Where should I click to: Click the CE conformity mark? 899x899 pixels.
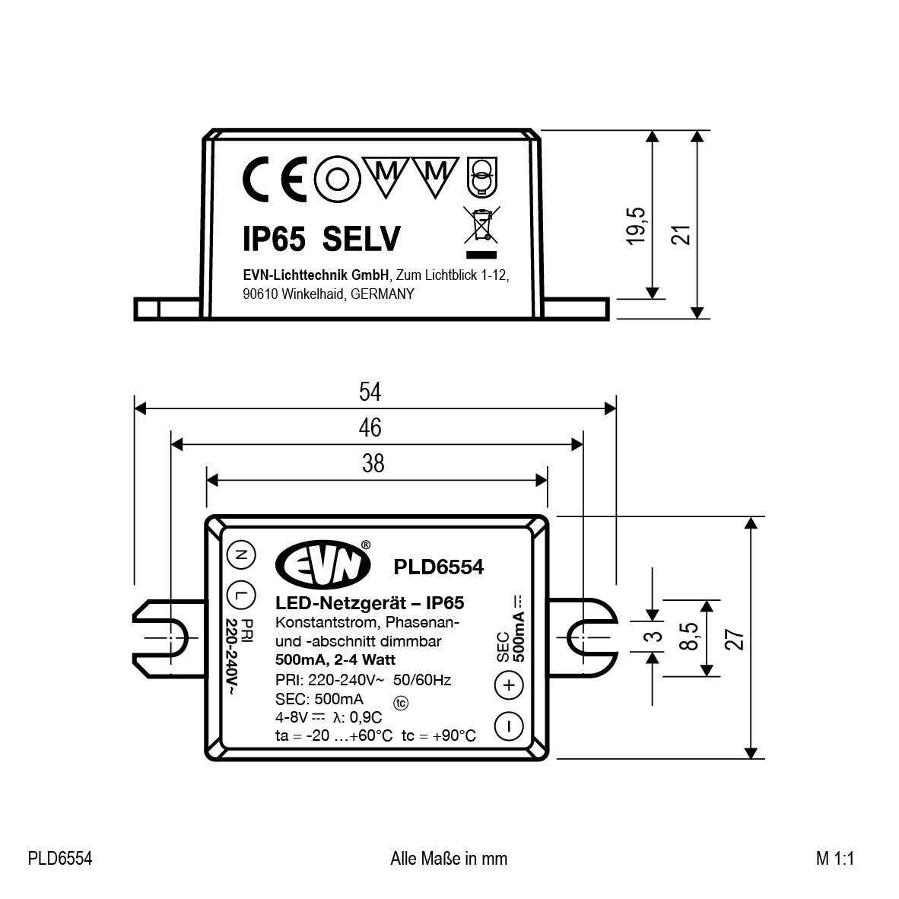click(275, 180)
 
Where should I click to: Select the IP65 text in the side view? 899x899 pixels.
click(274, 240)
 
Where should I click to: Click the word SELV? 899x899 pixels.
click(361, 240)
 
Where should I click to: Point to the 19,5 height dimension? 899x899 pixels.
click(637, 225)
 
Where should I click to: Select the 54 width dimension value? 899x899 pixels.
click(370, 392)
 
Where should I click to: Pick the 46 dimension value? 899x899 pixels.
click(370, 428)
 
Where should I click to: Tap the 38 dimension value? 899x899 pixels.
click(373, 464)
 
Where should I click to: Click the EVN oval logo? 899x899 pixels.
click(323, 565)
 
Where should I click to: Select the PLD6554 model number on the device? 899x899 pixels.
click(438, 567)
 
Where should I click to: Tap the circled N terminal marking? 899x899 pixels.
click(240, 555)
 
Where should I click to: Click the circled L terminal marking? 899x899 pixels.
click(240, 594)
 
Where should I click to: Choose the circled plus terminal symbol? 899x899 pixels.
click(509, 685)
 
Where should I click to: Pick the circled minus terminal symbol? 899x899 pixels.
click(509, 726)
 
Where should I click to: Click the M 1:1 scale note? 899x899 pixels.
click(836, 859)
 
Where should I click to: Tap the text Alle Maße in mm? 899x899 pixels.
click(448, 859)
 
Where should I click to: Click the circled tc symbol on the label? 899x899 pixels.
click(401, 702)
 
